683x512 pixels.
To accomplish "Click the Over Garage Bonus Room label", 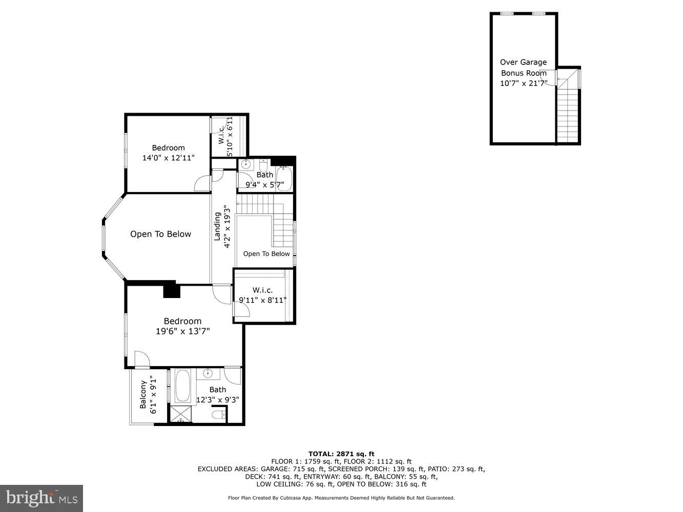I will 523,68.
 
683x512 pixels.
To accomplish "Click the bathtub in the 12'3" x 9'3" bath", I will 182,387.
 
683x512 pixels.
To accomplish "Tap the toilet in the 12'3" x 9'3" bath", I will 219,415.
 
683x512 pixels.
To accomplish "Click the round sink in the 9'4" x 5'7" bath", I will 245,165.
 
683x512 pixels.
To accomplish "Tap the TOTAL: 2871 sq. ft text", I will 341,454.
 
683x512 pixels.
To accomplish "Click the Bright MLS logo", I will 42,498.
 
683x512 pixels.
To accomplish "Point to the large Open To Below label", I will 160,234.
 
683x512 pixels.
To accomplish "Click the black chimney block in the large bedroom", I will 172,291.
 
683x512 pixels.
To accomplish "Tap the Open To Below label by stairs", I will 266,253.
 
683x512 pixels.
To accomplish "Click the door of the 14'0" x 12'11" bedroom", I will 201,184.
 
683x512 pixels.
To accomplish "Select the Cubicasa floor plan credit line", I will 341,498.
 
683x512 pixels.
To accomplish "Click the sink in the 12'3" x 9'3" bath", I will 208,373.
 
